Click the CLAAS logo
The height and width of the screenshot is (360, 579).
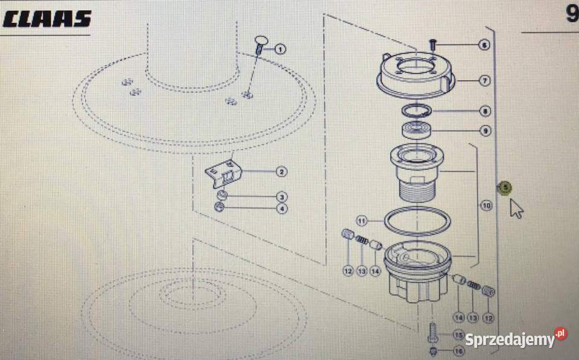pyautogui.click(x=47, y=19)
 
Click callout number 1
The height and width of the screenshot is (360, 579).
pyautogui.click(x=280, y=49)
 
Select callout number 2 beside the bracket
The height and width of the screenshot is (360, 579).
pyautogui.click(x=282, y=172)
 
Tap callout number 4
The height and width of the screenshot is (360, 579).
pyautogui.click(x=282, y=209)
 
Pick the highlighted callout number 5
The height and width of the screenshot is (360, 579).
pyautogui.click(x=505, y=188)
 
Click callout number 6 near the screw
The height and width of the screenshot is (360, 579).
pyautogui.click(x=484, y=45)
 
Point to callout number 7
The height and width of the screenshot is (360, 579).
pyautogui.click(x=485, y=80)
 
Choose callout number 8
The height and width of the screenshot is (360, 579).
pyautogui.click(x=485, y=111)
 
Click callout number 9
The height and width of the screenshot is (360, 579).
pyautogui.click(x=485, y=131)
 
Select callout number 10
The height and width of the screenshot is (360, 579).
pyautogui.click(x=486, y=205)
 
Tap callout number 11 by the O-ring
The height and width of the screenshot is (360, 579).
pyautogui.click(x=361, y=221)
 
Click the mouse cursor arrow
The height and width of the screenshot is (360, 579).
pyautogui.click(x=516, y=209)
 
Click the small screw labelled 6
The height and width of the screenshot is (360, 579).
pyautogui.click(x=433, y=45)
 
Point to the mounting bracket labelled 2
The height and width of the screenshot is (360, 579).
pyautogui.click(x=223, y=174)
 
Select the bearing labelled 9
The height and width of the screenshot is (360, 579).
pyautogui.click(x=416, y=131)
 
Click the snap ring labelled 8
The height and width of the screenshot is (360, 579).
pyautogui.click(x=417, y=111)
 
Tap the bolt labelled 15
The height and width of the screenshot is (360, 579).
pyautogui.click(x=433, y=332)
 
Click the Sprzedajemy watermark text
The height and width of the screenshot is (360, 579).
pyautogui.click(x=510, y=339)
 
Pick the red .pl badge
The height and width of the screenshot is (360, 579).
pyautogui.click(x=560, y=333)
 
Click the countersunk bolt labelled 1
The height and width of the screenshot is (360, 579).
pyautogui.click(x=260, y=45)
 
